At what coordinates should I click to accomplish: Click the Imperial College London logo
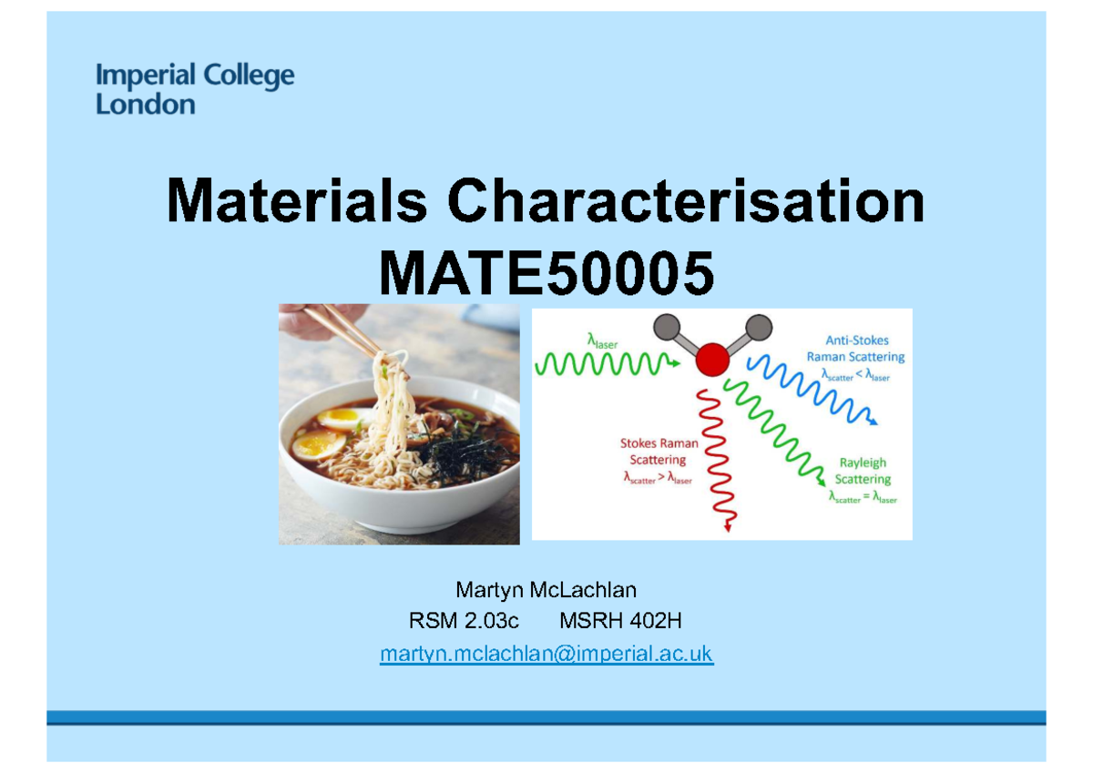[x=195, y=89]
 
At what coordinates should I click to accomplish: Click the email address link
[x=546, y=654]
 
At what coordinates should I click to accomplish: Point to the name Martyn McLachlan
[x=546, y=592]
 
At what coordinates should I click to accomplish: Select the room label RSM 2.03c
[x=464, y=623]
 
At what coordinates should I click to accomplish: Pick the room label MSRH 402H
[x=620, y=623]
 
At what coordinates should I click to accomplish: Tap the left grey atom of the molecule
[x=667, y=327]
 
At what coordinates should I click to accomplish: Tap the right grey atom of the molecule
[x=758, y=327]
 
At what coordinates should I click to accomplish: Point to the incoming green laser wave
[x=606, y=364]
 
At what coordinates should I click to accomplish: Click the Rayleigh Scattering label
[x=862, y=471]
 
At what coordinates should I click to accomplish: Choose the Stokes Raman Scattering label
[x=659, y=452]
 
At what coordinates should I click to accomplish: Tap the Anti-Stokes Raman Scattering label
[x=855, y=349]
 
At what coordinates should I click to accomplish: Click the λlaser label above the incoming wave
[x=601, y=341]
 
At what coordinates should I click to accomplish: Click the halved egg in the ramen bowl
[x=318, y=445]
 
